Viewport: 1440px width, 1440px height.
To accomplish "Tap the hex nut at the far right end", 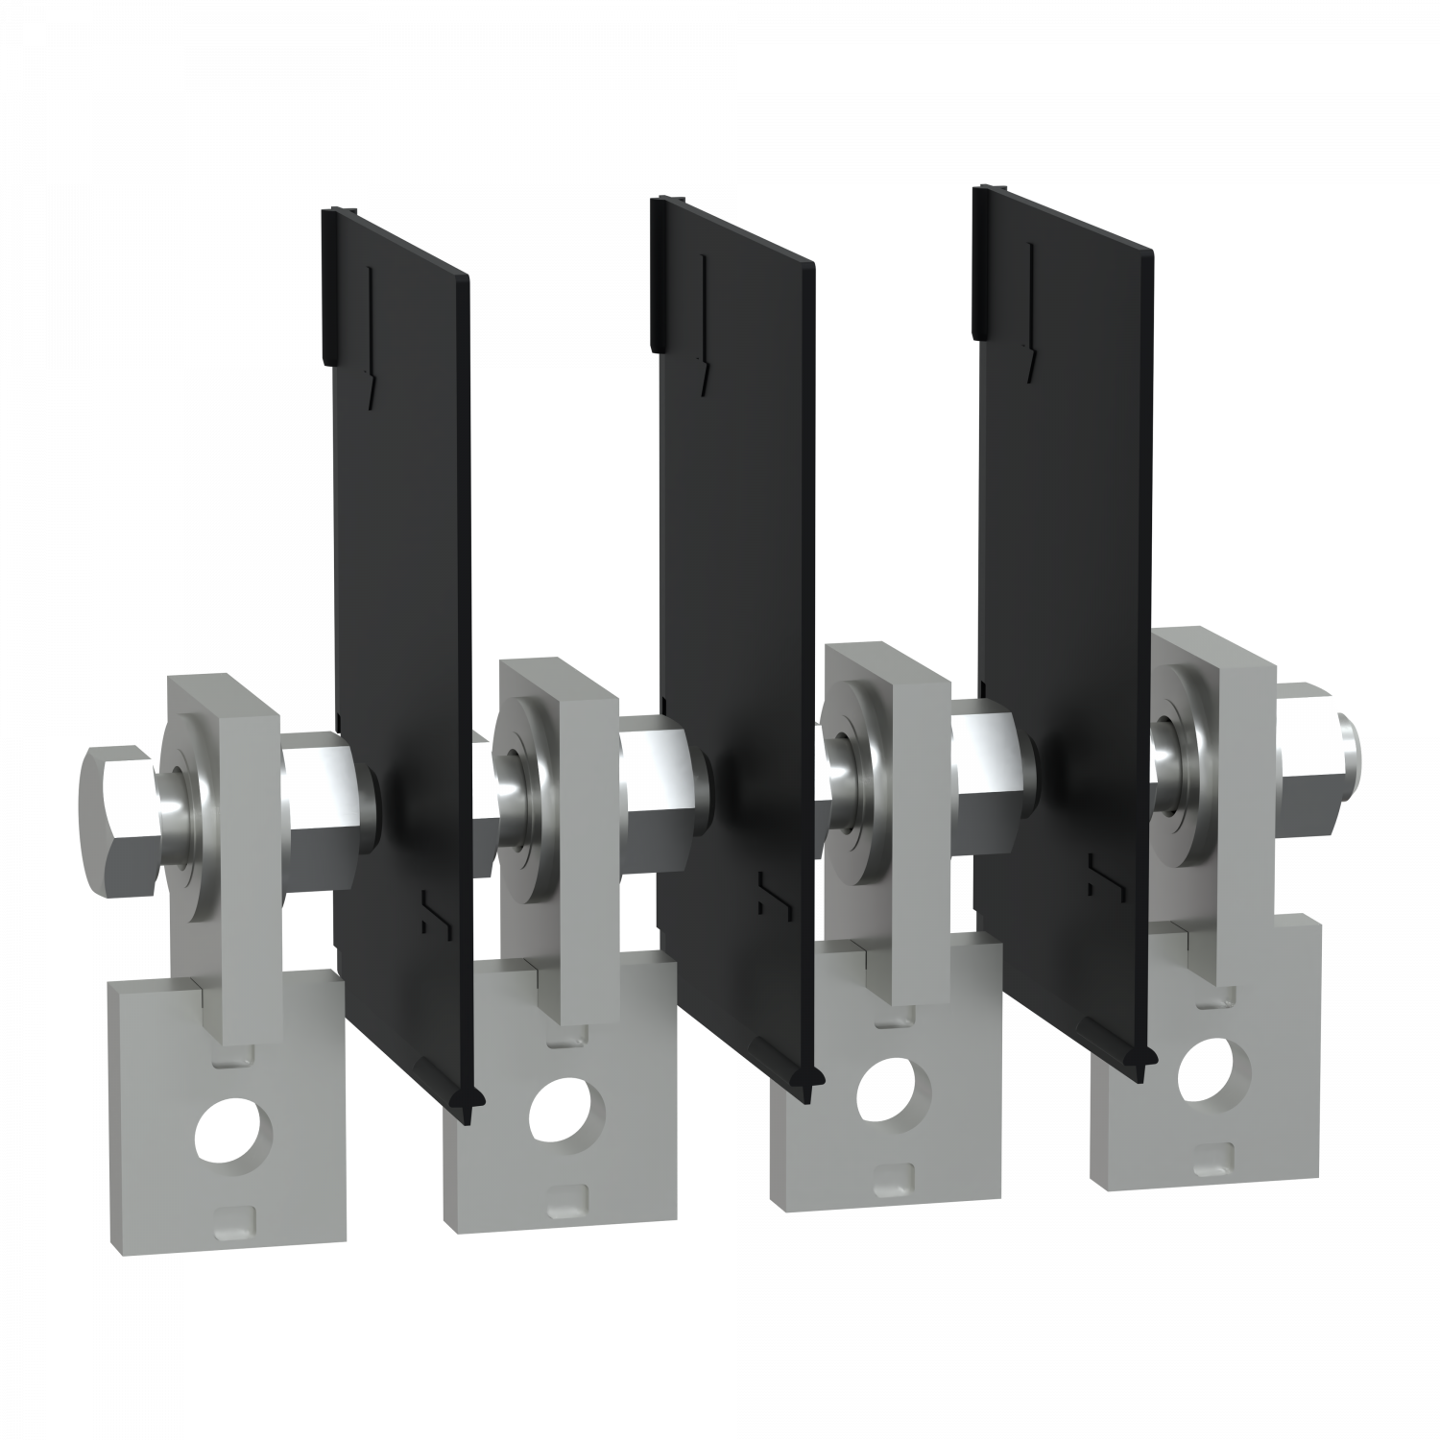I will point(1321,738).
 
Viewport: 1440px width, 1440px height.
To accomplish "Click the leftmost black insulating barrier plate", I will point(398,576).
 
